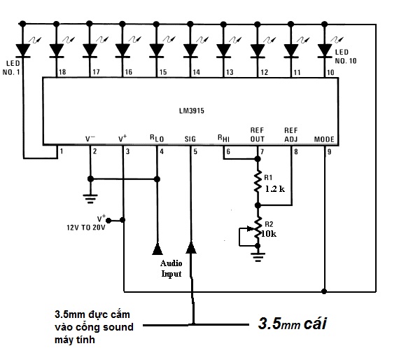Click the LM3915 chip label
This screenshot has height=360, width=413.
click(x=192, y=111)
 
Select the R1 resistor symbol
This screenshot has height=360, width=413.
click(x=258, y=182)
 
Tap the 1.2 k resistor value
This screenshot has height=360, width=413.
click(x=274, y=188)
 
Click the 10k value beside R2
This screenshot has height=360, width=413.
click(x=269, y=234)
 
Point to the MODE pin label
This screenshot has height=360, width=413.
click(x=324, y=139)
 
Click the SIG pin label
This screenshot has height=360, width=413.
click(x=190, y=139)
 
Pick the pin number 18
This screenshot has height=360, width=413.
click(x=62, y=72)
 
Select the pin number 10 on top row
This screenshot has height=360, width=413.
click(x=330, y=72)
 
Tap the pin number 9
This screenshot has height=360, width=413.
click(x=329, y=152)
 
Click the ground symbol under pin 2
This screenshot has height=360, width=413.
click(x=90, y=199)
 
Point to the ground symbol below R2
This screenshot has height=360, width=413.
click(x=258, y=257)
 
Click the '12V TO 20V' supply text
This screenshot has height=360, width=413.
click(x=86, y=228)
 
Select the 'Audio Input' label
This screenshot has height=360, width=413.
click(x=171, y=268)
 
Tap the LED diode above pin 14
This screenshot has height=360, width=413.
click(x=190, y=50)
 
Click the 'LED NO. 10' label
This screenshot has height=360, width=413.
click(x=346, y=57)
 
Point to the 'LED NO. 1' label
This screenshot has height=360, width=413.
click(x=11, y=68)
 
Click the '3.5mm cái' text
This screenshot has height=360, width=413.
click(x=293, y=324)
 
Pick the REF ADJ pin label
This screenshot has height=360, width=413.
click(x=290, y=134)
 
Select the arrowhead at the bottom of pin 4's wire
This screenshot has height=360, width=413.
click(x=157, y=249)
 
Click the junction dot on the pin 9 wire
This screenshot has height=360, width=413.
click(x=324, y=291)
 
